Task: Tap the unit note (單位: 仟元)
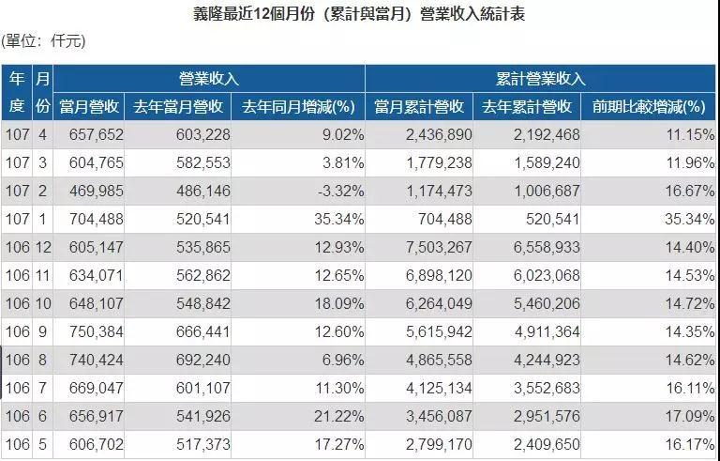(43, 40)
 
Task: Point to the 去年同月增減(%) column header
(298, 106)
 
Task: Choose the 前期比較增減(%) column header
(648, 106)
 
